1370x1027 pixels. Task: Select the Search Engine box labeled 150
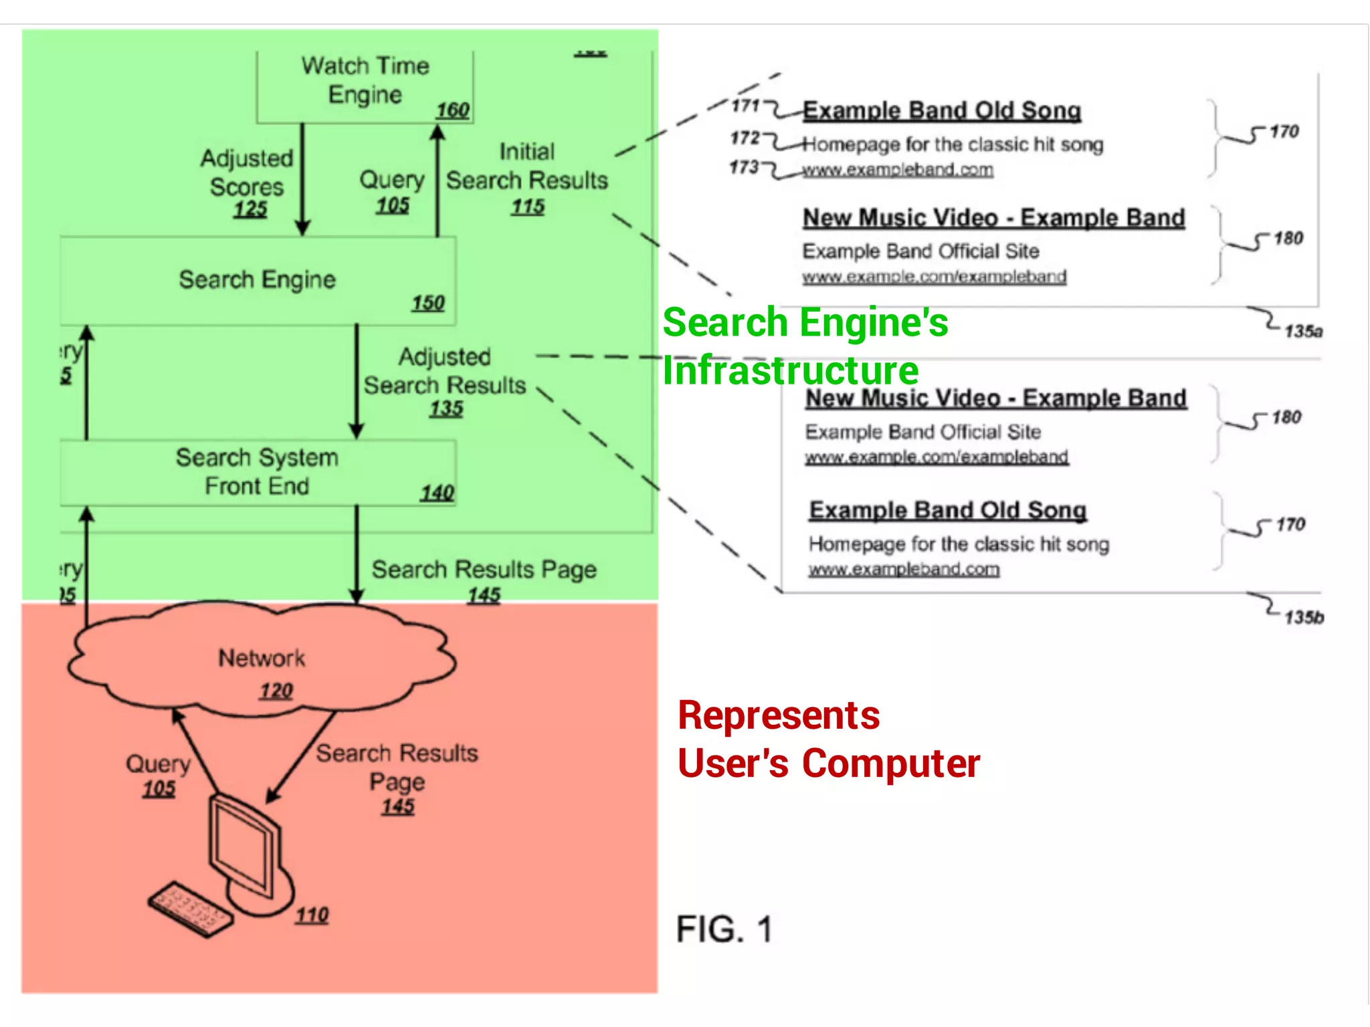(x=258, y=281)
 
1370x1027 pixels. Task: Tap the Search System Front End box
(x=258, y=472)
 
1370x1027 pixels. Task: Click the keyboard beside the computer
(x=191, y=909)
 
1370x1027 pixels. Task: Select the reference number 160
(x=453, y=110)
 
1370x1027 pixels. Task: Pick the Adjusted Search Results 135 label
(x=445, y=381)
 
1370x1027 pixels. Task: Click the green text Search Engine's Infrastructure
(x=805, y=346)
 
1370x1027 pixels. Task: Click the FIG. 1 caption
(x=724, y=929)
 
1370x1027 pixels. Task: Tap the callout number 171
(x=745, y=106)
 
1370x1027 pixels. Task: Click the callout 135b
(x=1304, y=616)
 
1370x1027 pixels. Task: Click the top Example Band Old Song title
(x=942, y=110)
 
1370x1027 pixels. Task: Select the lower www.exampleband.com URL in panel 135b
(x=904, y=569)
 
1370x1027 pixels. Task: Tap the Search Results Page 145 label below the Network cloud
(x=397, y=779)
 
